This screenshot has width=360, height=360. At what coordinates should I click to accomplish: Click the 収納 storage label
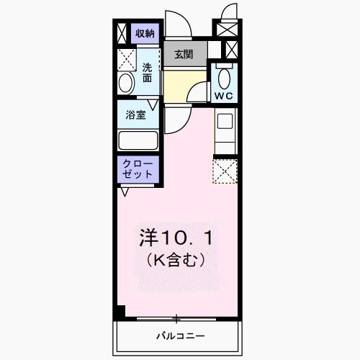click(145, 33)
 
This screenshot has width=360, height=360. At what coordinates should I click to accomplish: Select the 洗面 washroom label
click(147, 71)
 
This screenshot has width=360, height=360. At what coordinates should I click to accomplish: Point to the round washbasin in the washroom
click(125, 84)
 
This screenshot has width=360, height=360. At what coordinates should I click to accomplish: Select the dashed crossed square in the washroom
click(127, 58)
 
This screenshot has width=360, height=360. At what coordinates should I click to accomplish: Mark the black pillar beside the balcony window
click(120, 312)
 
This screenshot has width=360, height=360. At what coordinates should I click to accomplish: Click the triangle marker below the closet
click(126, 192)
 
